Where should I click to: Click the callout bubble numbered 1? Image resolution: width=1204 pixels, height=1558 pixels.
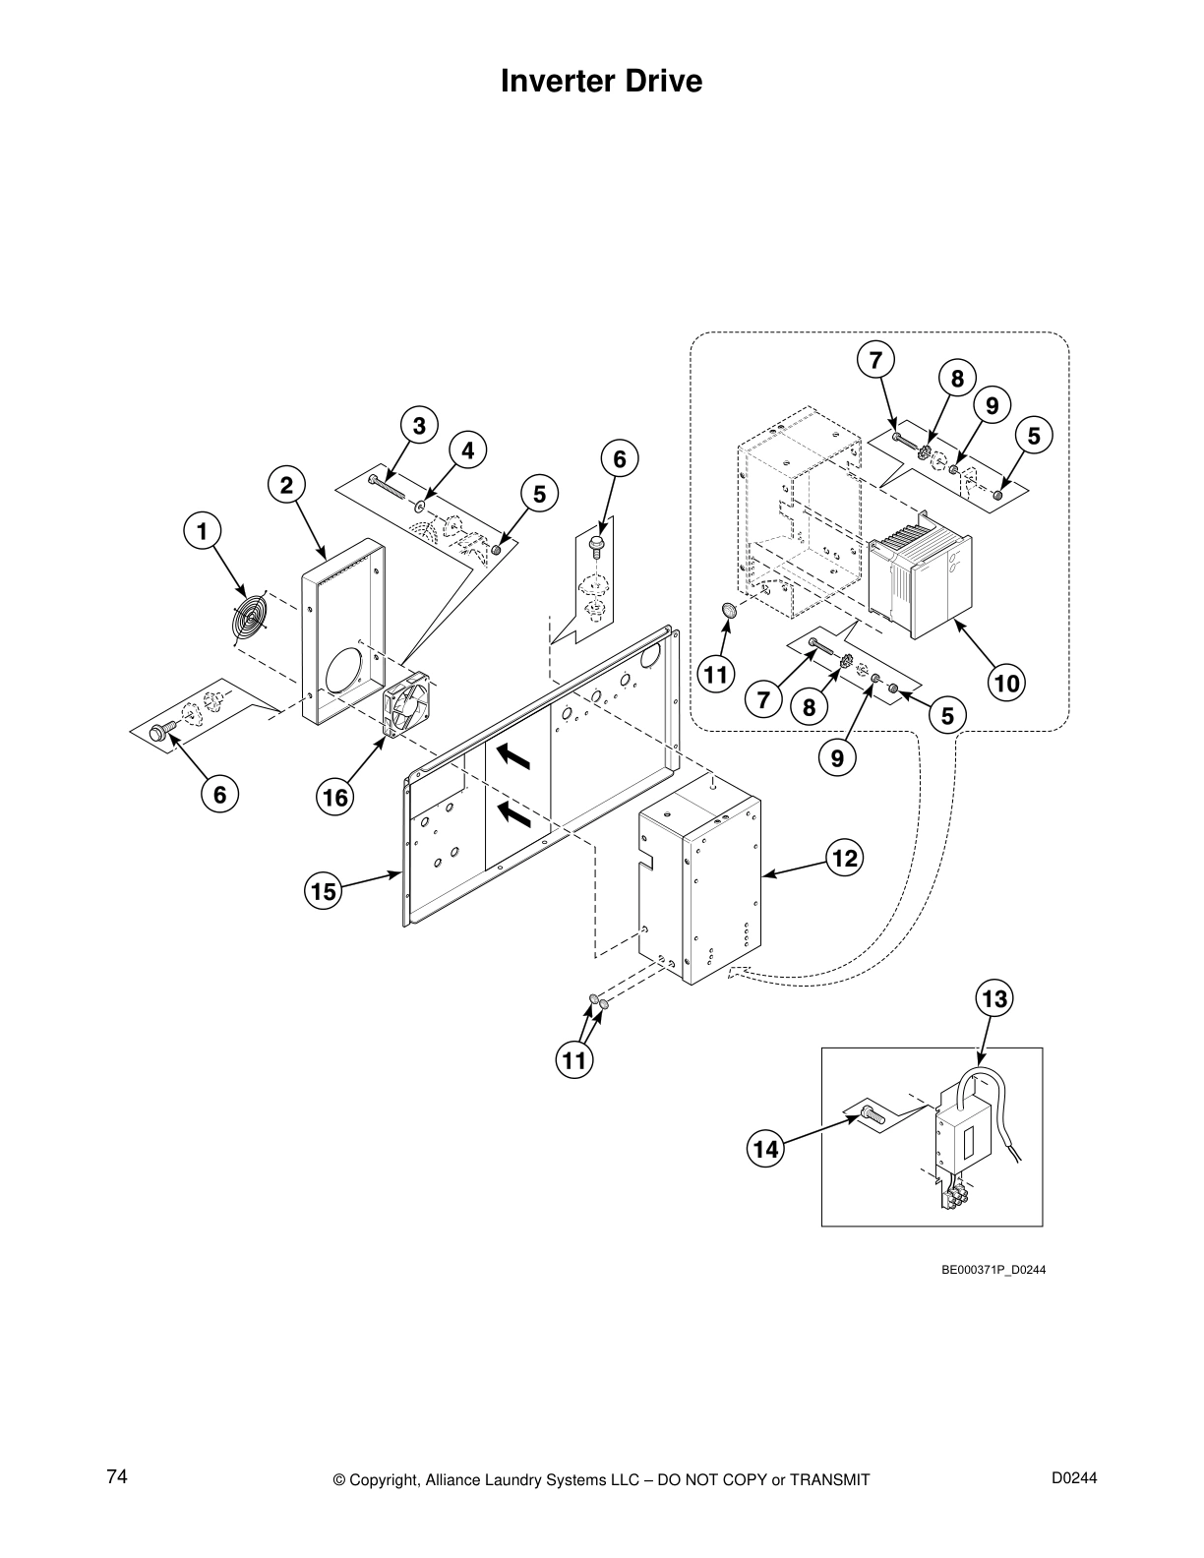202,532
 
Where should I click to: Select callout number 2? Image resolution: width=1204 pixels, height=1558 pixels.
286,485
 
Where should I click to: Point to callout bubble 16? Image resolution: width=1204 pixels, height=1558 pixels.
335,797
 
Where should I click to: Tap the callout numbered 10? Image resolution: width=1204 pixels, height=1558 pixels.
1008,682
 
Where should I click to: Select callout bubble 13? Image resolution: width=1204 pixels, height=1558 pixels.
994,999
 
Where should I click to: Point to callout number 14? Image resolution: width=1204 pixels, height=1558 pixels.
765,1148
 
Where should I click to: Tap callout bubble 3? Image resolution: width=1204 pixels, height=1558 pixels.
419,426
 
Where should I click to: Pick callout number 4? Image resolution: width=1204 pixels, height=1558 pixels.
468,450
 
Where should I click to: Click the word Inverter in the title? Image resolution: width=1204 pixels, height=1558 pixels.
556,81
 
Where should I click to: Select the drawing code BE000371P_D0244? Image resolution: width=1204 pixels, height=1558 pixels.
993,1269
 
